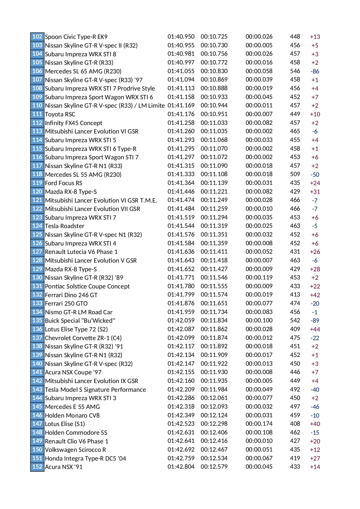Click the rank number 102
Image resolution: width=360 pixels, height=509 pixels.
[37, 37]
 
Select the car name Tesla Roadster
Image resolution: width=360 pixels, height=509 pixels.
[64, 226]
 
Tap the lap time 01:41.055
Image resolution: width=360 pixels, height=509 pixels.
[181, 71]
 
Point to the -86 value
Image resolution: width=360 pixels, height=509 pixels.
[315, 71]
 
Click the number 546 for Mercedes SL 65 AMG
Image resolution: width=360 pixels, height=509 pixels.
[295, 71]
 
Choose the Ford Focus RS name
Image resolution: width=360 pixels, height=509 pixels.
[64, 183]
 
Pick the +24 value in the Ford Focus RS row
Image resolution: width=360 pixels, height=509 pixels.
[315, 183]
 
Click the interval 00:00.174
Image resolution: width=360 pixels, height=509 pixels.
[259, 424]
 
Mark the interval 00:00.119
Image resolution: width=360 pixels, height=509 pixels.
[259, 277]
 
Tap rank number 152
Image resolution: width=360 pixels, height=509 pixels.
[37, 467]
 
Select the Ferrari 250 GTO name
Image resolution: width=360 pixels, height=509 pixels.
[66, 304]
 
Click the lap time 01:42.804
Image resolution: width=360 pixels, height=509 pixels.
[181, 467]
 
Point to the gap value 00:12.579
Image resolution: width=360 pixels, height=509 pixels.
[214, 467]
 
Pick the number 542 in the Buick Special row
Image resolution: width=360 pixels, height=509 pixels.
[295, 320]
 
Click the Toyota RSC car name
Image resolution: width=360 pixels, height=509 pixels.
[60, 114]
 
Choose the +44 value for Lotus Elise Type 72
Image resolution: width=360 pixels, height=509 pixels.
[315, 329]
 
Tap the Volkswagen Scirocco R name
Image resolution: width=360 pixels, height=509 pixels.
[75, 450]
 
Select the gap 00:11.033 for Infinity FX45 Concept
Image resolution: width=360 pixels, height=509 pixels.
[214, 123]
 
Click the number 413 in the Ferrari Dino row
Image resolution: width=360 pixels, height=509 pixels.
[295, 295]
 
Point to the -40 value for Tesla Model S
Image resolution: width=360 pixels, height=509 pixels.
[315, 390]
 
